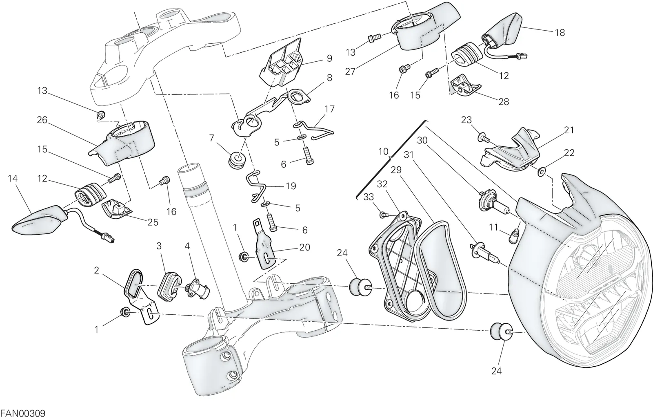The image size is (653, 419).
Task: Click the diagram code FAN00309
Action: click(x=23, y=413)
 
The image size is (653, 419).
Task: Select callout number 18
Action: click(x=560, y=32)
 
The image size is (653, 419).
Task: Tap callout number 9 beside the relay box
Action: click(x=329, y=58)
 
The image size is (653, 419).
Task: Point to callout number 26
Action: click(x=42, y=120)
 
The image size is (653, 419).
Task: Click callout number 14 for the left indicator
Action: click(x=13, y=178)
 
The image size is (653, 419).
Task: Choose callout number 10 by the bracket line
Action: click(x=383, y=152)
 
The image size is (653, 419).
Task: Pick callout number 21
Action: click(x=569, y=130)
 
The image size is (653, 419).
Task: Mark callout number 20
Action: click(x=304, y=247)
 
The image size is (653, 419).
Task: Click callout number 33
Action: click(x=369, y=197)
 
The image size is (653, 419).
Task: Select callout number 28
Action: click(x=504, y=102)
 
